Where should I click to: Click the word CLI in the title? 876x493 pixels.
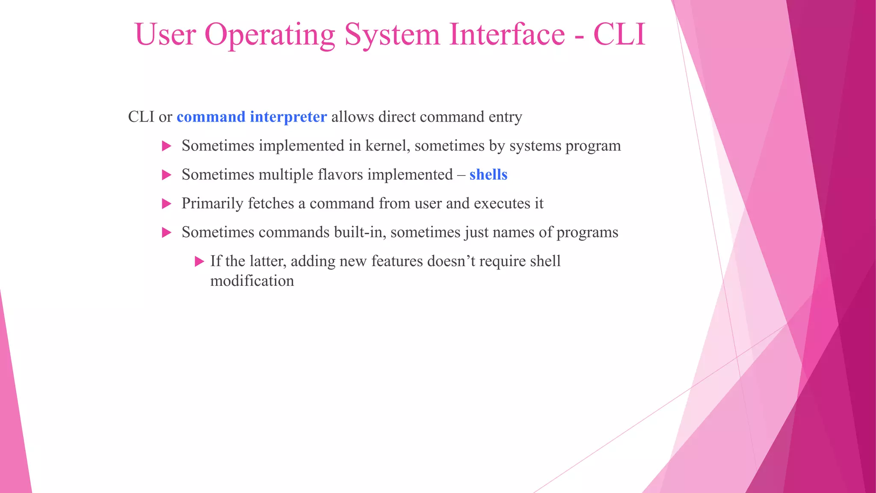pyautogui.click(x=619, y=34)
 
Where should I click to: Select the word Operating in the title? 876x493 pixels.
pyautogui.click(x=269, y=34)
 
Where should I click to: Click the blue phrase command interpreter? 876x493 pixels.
pyautogui.click(x=252, y=117)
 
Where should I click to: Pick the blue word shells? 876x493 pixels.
pyautogui.click(x=488, y=175)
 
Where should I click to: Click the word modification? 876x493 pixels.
pyautogui.click(x=252, y=281)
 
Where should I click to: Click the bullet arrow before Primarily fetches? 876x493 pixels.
pyautogui.click(x=167, y=204)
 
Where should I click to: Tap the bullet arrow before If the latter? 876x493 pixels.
pyautogui.click(x=199, y=261)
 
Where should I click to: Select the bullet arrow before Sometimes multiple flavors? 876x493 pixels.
pyautogui.click(x=167, y=175)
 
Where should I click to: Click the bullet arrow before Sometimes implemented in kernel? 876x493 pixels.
pyautogui.click(x=167, y=146)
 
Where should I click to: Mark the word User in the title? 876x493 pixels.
pyautogui.click(x=165, y=34)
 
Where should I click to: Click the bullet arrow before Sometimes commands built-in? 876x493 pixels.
pyautogui.click(x=167, y=233)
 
